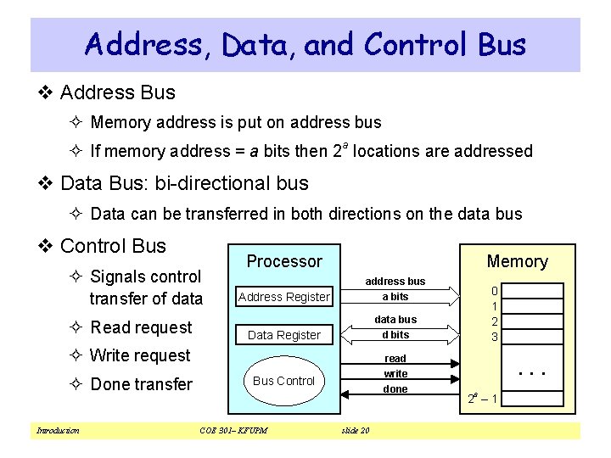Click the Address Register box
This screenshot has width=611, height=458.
click(x=283, y=297)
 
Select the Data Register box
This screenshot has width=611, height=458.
click(x=283, y=335)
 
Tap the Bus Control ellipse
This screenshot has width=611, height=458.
click(x=283, y=381)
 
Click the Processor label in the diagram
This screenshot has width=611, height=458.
click(x=284, y=261)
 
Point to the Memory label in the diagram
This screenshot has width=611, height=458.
click(x=517, y=261)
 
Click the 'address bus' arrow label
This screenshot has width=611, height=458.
click(x=395, y=281)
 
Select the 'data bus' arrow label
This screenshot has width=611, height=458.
click(x=395, y=319)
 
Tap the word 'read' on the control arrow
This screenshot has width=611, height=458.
click(x=395, y=358)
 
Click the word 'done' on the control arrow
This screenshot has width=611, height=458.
click(x=395, y=389)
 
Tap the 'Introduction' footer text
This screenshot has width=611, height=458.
click(x=58, y=431)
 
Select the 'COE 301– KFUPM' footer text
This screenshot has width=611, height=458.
click(x=233, y=431)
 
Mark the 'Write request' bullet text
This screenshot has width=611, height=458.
click(x=140, y=355)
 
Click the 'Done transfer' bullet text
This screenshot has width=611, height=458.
click(x=141, y=384)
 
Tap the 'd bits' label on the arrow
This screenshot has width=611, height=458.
click(x=395, y=335)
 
